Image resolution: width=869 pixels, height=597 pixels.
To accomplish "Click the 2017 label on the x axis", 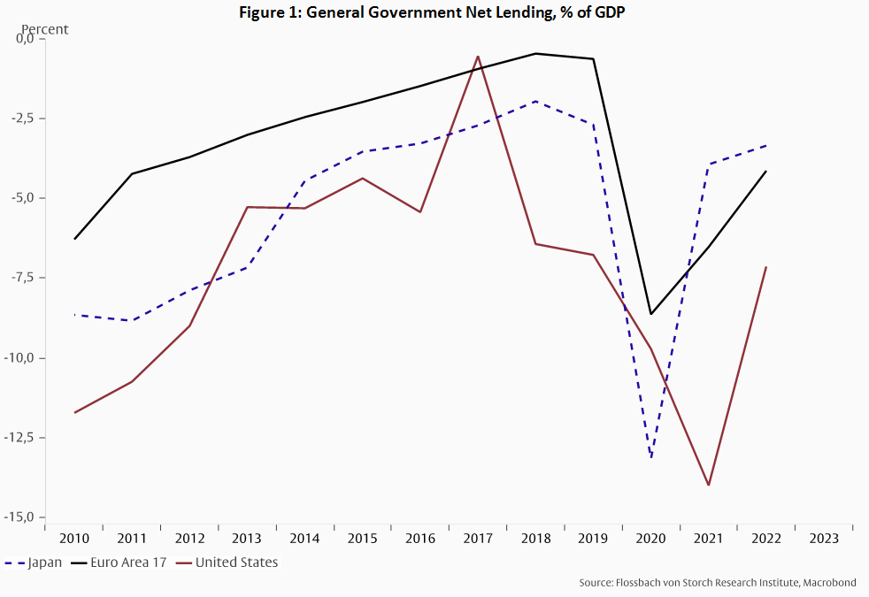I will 478,538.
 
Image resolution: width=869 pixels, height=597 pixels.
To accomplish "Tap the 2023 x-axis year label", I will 824,538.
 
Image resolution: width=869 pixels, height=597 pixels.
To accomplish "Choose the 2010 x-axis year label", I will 73,538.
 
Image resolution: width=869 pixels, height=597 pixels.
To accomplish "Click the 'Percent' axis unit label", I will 44,29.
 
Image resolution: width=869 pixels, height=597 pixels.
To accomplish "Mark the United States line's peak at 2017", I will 478,57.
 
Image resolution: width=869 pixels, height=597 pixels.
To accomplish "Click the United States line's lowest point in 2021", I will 709,485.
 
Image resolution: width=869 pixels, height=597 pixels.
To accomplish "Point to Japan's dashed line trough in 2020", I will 651,457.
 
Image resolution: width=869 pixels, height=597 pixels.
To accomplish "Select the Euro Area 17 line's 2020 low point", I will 651,314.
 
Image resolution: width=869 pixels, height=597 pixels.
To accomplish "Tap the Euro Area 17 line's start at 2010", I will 74,239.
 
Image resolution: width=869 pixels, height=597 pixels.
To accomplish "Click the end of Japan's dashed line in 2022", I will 766,145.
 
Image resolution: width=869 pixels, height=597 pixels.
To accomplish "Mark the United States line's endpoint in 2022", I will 766,267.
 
